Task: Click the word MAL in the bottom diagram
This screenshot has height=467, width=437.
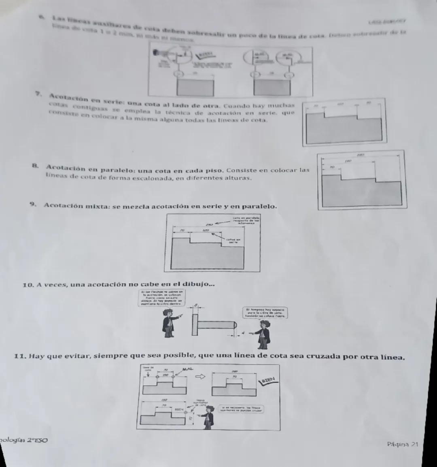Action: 187,369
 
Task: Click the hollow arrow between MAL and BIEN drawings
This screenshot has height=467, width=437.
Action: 200,377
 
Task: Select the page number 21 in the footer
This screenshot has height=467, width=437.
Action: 414,444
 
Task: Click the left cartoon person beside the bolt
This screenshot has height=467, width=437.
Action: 167,323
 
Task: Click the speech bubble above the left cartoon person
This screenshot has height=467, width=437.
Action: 161,299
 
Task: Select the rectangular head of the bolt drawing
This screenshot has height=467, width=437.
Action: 195,324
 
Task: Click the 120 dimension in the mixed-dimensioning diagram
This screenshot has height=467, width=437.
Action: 206,230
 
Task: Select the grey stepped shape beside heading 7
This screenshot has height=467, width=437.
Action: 344,127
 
